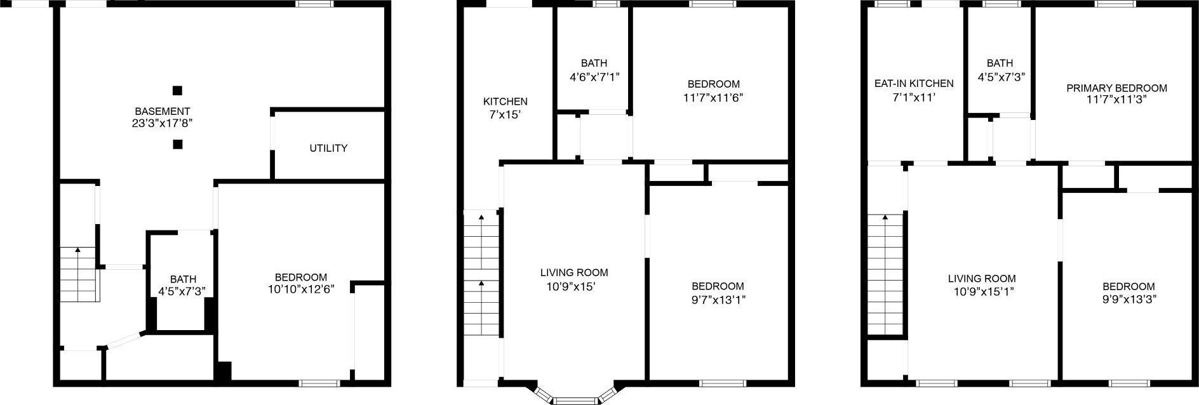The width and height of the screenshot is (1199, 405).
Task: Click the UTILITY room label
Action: (328, 148)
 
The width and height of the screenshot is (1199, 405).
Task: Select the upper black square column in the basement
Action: (177, 90)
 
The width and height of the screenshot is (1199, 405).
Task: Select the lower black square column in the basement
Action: (177, 144)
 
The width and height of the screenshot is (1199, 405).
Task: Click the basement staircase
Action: (78, 275)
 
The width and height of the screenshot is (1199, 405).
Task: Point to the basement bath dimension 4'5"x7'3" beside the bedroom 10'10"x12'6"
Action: (182, 291)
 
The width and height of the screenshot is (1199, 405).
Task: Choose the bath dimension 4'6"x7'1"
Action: (594, 77)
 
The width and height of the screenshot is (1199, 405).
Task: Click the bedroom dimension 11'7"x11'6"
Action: (713, 98)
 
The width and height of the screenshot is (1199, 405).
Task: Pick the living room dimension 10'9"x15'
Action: (574, 286)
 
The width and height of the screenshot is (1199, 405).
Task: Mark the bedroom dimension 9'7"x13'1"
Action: (718, 300)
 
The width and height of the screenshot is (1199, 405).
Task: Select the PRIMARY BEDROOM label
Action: (1116, 88)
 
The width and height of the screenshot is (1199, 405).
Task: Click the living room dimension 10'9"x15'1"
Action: (982, 292)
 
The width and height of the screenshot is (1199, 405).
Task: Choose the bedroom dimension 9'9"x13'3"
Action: (1129, 300)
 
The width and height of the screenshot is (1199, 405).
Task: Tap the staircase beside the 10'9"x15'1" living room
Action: (885, 274)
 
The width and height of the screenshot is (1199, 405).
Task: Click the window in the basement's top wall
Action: (315, 4)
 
